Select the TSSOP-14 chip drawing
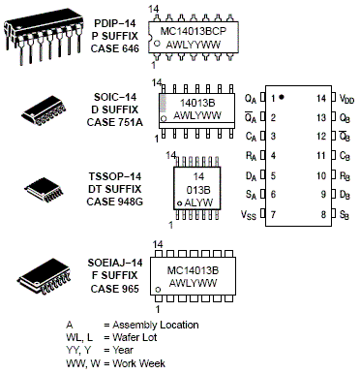coord(45,190)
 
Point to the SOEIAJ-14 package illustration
coord(45,275)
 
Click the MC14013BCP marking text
coord(194,31)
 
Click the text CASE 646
coord(115,48)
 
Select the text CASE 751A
coord(115,122)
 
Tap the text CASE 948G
coord(115,202)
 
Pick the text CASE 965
coord(115,289)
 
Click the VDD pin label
coord(346,99)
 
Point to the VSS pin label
coord(249,215)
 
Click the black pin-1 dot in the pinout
coord(282,97)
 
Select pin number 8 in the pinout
coord(323,214)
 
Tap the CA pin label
coord(251,137)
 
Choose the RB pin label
coord(345,176)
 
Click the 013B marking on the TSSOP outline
coord(197,190)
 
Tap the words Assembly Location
coord(156,325)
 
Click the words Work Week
coord(139,363)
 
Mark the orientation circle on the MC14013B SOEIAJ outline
coord(158,290)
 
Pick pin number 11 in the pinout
coord(321,156)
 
